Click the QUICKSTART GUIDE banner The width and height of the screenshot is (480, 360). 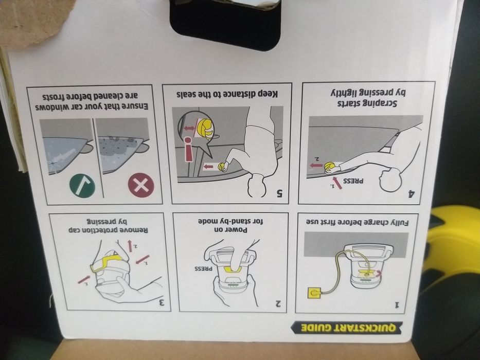[346, 328]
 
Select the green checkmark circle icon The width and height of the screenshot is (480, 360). [82, 186]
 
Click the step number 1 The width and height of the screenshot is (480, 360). [397, 304]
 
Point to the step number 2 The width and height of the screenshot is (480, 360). [278, 303]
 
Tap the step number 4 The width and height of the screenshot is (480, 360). [412, 193]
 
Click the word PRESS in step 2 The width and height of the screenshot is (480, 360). [204, 269]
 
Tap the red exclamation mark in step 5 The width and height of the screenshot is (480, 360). [189, 149]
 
